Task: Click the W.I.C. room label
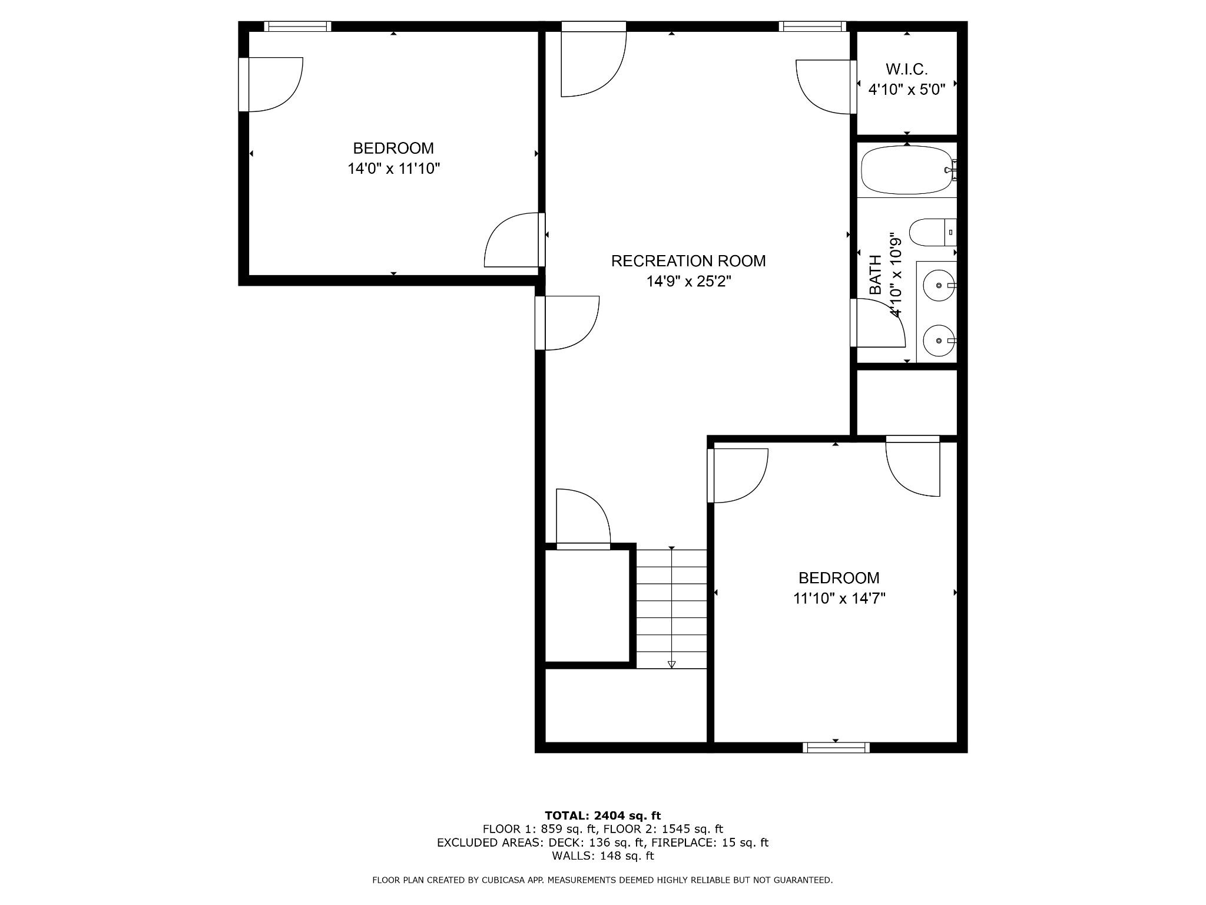click(x=907, y=70)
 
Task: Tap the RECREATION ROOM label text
click(x=688, y=261)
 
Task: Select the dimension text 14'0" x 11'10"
click(x=394, y=169)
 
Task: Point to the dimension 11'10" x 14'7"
click(x=839, y=599)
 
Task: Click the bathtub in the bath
click(x=907, y=170)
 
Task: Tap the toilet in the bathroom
click(x=933, y=232)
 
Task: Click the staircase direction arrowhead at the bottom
click(x=672, y=665)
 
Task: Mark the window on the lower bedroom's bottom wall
click(x=836, y=748)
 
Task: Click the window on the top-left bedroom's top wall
click(x=297, y=27)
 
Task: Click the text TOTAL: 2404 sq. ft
click(x=603, y=816)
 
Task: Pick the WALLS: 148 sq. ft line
click(x=603, y=856)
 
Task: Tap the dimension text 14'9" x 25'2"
click(x=689, y=282)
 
